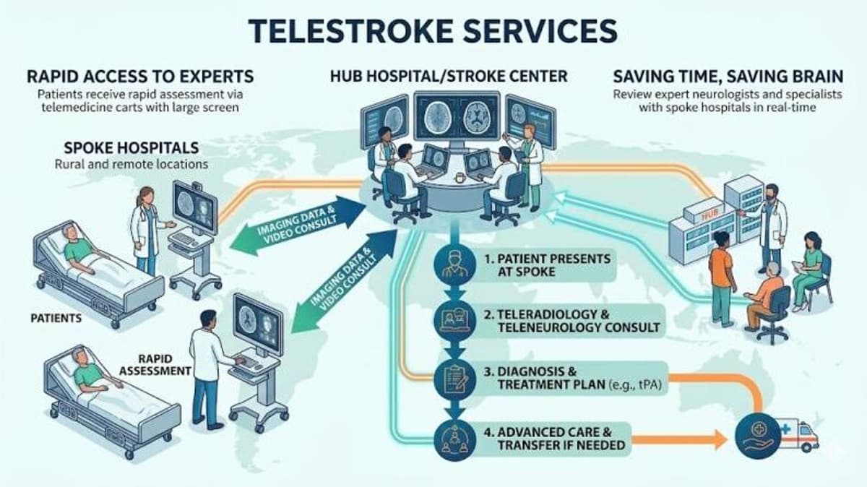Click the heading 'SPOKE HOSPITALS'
131,147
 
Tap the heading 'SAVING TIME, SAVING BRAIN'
726,76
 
